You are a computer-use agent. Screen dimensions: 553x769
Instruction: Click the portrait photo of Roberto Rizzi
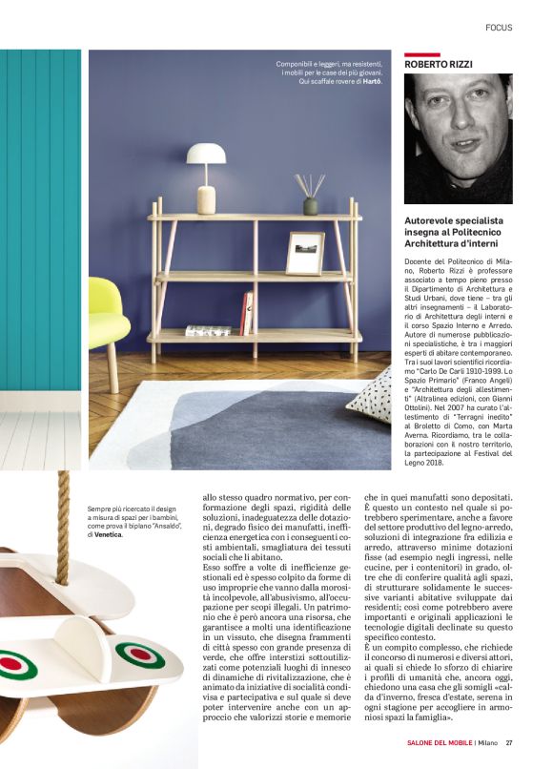pos(458,138)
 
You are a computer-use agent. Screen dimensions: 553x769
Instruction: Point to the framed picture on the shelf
pos(304,253)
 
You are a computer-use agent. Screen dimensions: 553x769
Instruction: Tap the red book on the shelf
pos(248,313)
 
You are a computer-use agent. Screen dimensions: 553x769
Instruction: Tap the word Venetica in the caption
pos(106,535)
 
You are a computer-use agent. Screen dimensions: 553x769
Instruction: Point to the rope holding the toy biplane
pos(65,507)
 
